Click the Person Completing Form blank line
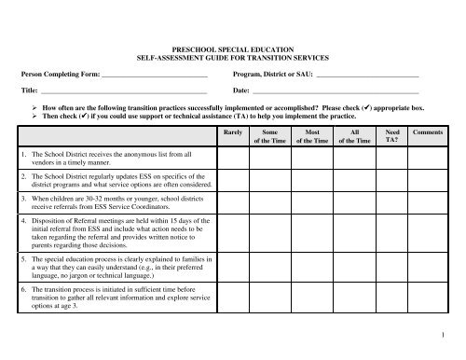tap(154, 74)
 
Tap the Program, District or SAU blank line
tap(367, 74)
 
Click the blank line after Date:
tap(336, 92)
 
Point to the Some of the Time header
tap(270, 137)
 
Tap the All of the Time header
tap(351, 137)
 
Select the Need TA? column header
tap(391, 137)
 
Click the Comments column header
tap(428, 133)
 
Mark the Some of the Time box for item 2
tap(270, 179)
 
